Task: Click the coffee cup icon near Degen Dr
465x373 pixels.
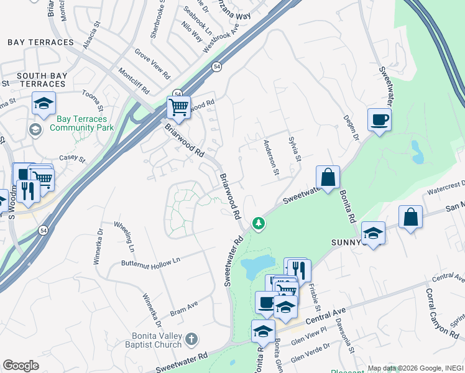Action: pyautogui.click(x=379, y=119)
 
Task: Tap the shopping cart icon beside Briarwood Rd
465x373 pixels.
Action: pyautogui.click(x=178, y=108)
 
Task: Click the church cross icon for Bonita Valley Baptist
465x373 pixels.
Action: pyautogui.click(x=192, y=339)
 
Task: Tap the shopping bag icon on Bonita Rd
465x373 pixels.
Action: pyautogui.click(x=328, y=177)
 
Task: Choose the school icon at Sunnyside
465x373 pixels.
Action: pyautogui.click(x=372, y=233)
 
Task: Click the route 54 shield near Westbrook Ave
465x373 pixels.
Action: pyautogui.click(x=216, y=67)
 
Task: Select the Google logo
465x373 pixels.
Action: pyautogui.click(x=21, y=366)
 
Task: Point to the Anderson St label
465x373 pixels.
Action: pyautogui.click(x=271, y=156)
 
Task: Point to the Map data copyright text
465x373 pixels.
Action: pyautogui.click(x=415, y=368)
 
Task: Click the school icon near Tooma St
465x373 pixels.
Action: pyautogui.click(x=44, y=103)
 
